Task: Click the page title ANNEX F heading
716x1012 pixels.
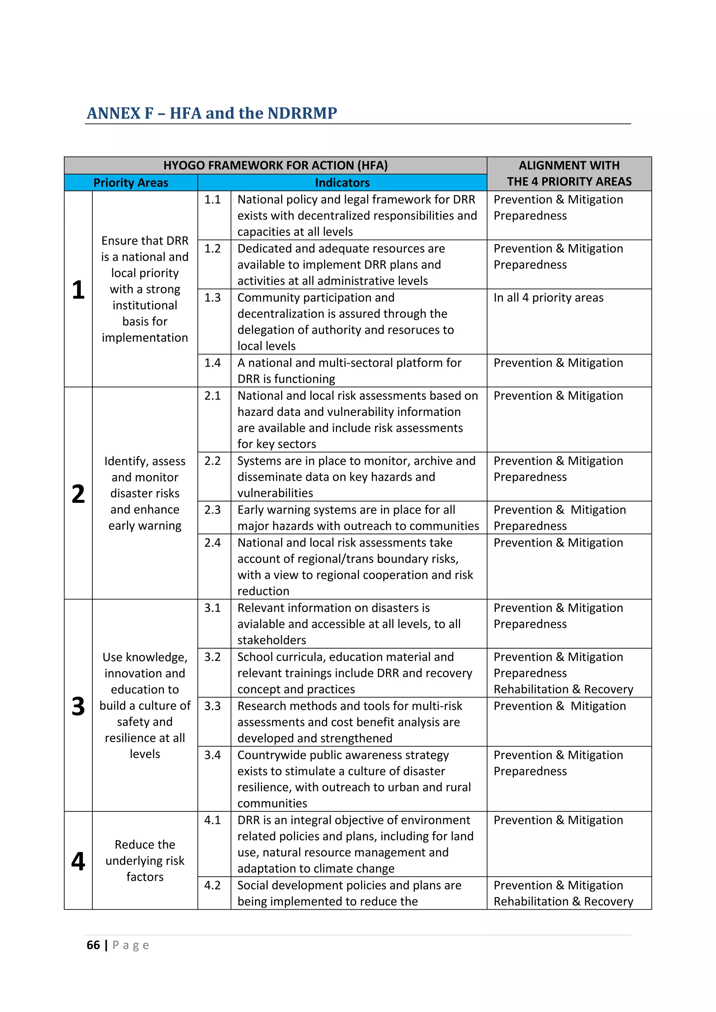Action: (x=212, y=113)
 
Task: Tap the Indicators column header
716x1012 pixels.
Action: (x=342, y=182)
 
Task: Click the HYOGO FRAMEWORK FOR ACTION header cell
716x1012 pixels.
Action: (x=275, y=165)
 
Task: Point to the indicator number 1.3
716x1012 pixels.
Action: (x=213, y=297)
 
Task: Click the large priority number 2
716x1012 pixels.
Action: (x=78, y=494)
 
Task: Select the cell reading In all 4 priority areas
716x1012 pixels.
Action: (x=548, y=297)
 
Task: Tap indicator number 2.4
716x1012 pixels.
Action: (x=213, y=543)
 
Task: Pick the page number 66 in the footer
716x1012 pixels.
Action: (x=93, y=945)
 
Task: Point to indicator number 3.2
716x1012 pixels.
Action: (x=213, y=657)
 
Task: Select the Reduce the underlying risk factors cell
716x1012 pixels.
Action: (x=145, y=860)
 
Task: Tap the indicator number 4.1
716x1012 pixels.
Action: (x=213, y=820)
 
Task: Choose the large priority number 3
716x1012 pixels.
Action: (x=78, y=706)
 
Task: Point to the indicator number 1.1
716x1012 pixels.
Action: (x=213, y=199)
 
